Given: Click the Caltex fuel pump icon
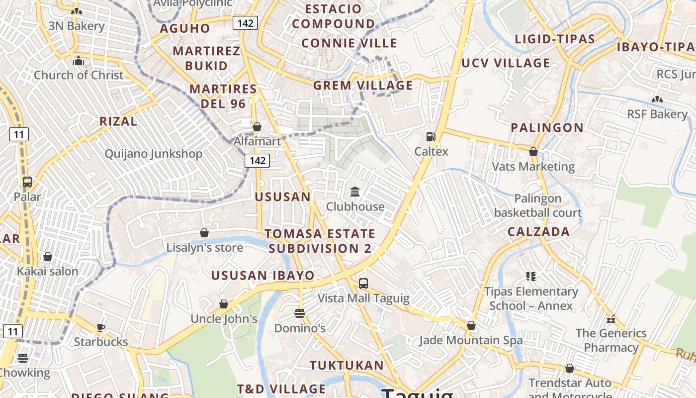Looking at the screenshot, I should coord(431,137).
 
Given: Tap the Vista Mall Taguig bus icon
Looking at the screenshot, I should coord(363,284).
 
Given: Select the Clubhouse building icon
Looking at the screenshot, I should coord(355,192).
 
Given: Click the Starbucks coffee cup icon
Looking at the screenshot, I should coord(101,327).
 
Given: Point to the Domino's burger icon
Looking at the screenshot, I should coord(300,313).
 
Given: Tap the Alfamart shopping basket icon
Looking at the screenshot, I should coord(257,127).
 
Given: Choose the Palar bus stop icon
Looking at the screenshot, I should coord(27,182).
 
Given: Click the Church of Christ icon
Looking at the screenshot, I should coord(79,61).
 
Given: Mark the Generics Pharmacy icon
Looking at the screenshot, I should coord(611,319).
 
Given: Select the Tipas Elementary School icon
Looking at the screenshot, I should coord(531,276).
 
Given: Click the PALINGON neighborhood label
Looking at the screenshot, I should coord(547,128).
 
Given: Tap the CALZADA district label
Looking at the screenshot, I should coord(538,232).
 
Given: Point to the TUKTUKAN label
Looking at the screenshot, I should coord(347,366).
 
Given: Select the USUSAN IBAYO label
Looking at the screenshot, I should coord(263,276).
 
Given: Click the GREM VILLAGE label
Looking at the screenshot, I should coord(363,86).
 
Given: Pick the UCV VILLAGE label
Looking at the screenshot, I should coord(506,63).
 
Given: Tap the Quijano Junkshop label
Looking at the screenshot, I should coord(153,154).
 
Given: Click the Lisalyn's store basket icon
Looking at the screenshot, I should coord(204,233).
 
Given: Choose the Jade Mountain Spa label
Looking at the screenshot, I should coord(471,340).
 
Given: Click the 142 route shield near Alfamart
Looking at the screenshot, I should coord(257,160).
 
